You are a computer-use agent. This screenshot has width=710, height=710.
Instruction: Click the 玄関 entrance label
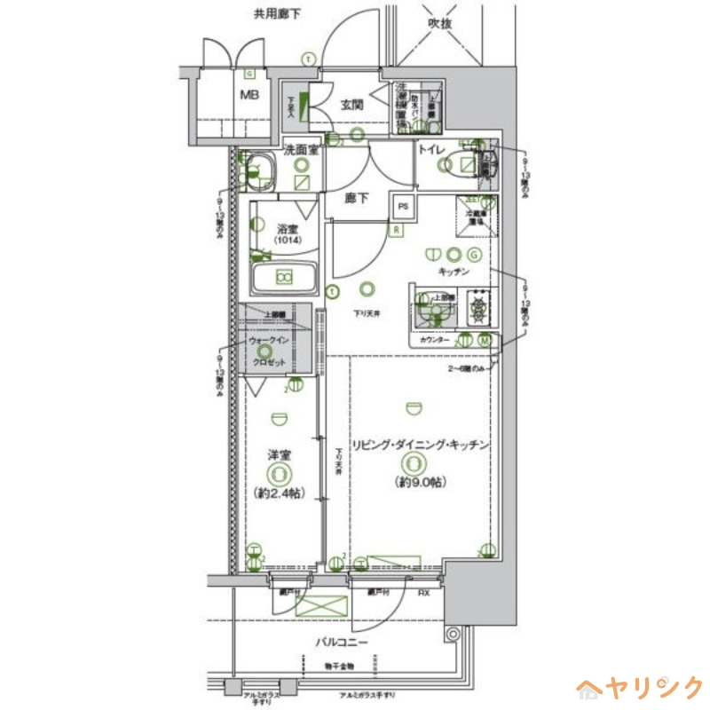(351, 104)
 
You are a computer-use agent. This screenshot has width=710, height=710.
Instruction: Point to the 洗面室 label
(302, 151)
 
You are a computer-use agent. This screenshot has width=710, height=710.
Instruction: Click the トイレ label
(431, 151)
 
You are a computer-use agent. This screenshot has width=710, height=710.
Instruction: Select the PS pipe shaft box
(404, 207)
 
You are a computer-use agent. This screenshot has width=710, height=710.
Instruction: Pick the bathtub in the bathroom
(285, 277)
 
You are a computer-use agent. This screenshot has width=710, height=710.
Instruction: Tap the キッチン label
(453, 271)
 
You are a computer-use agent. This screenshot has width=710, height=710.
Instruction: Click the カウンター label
(435, 340)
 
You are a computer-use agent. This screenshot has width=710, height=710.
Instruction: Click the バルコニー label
(340, 642)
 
